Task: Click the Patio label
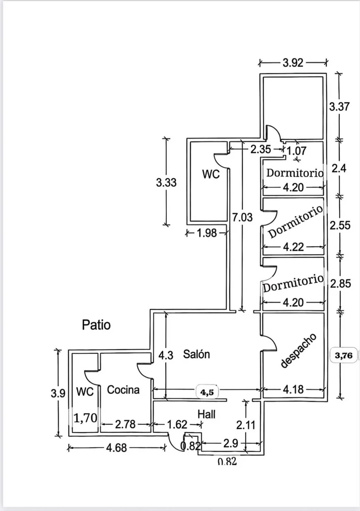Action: pyautogui.click(x=96, y=325)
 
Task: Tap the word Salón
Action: pyautogui.click(x=196, y=354)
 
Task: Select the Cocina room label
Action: pyautogui.click(x=123, y=390)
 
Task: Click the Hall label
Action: pyautogui.click(x=207, y=414)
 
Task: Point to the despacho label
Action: pyautogui.click(x=299, y=350)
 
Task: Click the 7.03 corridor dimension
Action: pyautogui.click(x=242, y=217)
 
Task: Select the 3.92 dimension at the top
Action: pyautogui.click(x=293, y=63)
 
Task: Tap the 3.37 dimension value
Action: pyautogui.click(x=339, y=107)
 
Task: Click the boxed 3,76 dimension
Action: pyautogui.click(x=344, y=355)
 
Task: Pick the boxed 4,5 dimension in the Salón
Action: pyautogui.click(x=207, y=392)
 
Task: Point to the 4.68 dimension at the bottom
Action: pyautogui.click(x=117, y=448)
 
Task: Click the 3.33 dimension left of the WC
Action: pyautogui.click(x=166, y=182)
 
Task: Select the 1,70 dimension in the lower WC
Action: pyautogui.click(x=85, y=418)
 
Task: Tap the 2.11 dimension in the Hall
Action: pyautogui.click(x=245, y=425)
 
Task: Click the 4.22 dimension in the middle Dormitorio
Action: pyautogui.click(x=294, y=247)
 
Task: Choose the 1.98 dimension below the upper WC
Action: pyautogui.click(x=207, y=233)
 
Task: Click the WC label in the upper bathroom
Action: pyautogui.click(x=211, y=174)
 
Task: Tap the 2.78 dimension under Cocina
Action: pyautogui.click(x=125, y=424)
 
